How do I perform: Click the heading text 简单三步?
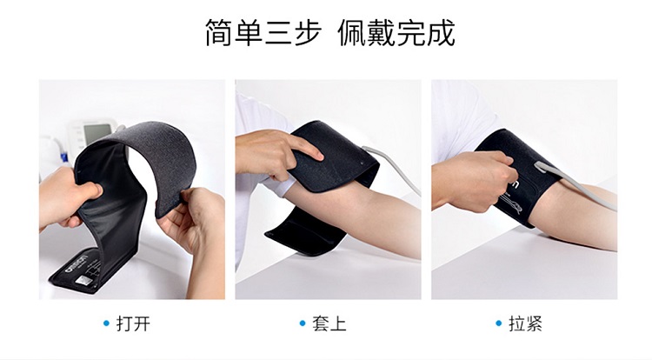[263, 32]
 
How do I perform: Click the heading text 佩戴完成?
[396, 32]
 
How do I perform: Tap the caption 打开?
[133, 323]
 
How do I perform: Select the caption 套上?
[329, 323]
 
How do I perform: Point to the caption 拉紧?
[526, 323]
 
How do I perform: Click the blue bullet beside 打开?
[106, 323]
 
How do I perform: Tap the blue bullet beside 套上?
[303, 323]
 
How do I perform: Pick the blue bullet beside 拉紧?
[499, 323]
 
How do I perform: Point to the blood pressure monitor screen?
[97, 133]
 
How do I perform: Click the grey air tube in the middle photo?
[395, 165]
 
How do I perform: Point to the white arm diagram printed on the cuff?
[512, 203]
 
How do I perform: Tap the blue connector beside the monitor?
[63, 157]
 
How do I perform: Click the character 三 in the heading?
[278, 33]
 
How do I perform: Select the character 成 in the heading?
[441, 33]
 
